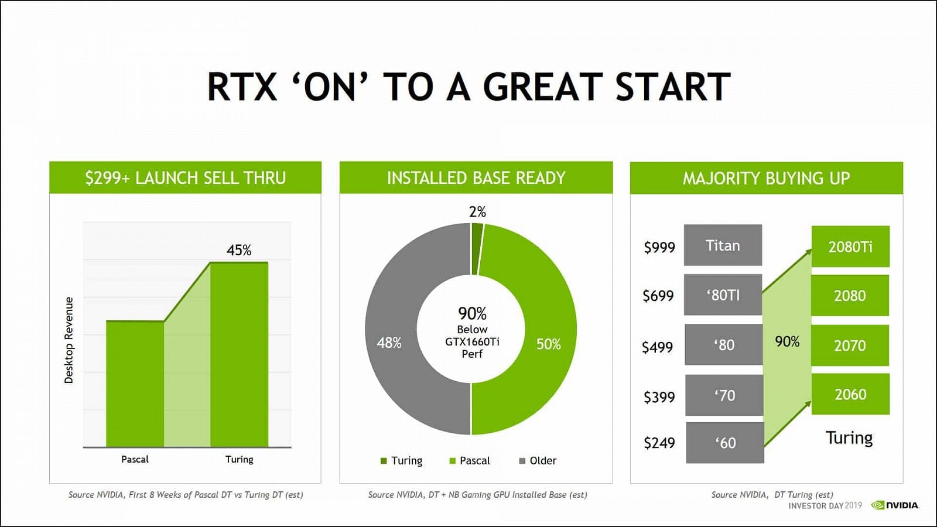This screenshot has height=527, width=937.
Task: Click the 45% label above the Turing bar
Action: [239, 251]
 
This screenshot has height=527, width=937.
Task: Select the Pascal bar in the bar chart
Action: [135, 384]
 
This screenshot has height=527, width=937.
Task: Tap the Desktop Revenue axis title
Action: [69, 340]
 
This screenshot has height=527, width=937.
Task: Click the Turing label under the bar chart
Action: [239, 459]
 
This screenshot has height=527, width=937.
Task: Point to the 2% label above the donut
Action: [477, 212]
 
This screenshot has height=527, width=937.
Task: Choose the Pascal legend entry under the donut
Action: [470, 461]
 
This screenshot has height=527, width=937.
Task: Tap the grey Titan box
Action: [723, 245]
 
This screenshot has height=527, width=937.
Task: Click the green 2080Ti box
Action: [850, 247]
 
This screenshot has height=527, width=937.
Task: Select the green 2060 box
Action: [850, 394]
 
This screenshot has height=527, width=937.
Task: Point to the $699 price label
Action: [658, 296]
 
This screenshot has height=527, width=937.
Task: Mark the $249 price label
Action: [659, 443]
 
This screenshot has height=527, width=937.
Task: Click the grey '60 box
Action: [725, 443]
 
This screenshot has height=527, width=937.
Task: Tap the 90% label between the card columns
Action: [787, 341]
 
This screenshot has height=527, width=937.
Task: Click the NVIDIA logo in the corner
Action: [895, 505]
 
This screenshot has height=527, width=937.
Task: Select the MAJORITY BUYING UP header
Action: [766, 178]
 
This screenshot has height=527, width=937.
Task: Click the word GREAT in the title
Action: [543, 87]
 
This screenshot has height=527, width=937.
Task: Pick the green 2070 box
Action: [850, 345]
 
